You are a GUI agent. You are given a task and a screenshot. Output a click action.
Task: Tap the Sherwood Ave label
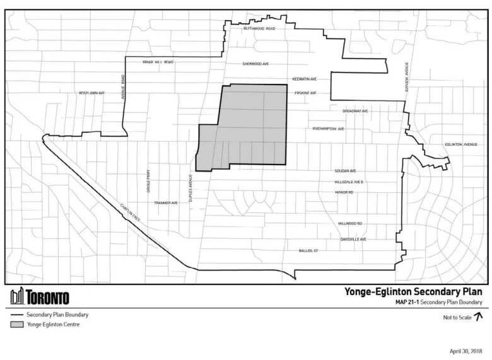point(256,64)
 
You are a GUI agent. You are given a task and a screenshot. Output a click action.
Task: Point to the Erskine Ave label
point(305,93)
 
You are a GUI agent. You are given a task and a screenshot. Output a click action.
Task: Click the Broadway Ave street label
point(355,110)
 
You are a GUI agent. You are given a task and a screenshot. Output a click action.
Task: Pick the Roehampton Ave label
point(328,129)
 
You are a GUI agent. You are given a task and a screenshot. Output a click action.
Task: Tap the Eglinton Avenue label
point(461,144)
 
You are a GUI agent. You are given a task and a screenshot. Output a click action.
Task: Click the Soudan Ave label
point(346,171)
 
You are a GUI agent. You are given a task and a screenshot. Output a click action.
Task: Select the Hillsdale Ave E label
point(349,182)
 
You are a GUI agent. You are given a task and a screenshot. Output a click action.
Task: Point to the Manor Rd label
point(344,192)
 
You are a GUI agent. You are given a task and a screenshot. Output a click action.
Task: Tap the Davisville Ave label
point(353,240)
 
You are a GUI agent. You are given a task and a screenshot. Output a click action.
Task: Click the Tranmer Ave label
point(167,202)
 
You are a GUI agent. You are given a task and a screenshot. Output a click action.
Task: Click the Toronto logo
point(39,296)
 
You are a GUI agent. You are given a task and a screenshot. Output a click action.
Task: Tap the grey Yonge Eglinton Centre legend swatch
point(16,325)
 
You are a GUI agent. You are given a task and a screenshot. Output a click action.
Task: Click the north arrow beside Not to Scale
point(477,317)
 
